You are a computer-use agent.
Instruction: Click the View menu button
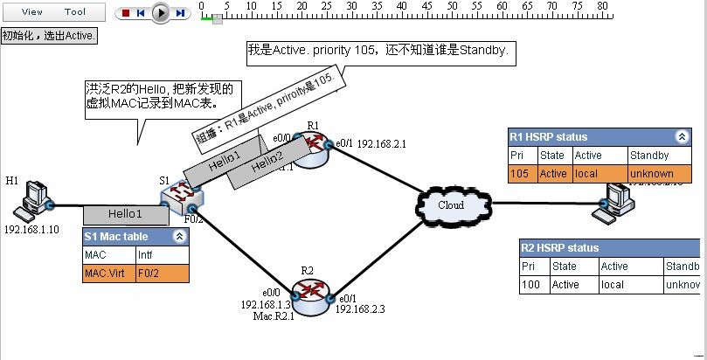[31, 12]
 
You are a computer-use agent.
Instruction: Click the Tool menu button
[75, 12]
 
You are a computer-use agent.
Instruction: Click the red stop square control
[126, 13]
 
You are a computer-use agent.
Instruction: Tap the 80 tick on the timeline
[602, 7]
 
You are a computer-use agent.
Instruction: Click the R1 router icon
[312, 150]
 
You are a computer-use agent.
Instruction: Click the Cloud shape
[451, 204]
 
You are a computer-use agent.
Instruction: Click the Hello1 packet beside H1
[125, 214]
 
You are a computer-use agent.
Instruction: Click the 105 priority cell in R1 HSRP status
[522, 174]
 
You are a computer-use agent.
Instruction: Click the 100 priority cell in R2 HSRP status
[532, 285]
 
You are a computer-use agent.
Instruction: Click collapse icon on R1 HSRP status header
[680, 137]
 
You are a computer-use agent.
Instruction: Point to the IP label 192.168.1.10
[32, 230]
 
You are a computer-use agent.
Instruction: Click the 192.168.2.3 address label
[361, 309]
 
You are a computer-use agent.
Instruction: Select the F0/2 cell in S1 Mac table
[162, 273]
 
